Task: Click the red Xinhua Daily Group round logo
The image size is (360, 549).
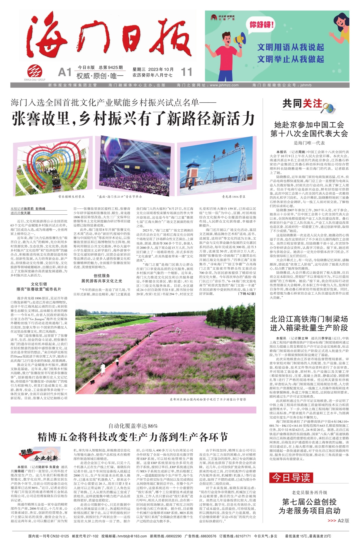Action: coord(35,71)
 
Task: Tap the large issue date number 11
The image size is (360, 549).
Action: coord(186,72)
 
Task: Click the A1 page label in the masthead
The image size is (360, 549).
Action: coord(65,73)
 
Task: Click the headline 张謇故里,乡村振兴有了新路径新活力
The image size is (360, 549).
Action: coord(133,118)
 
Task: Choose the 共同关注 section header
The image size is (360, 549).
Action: coord(302,104)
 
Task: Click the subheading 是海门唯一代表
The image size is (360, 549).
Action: coord(309,143)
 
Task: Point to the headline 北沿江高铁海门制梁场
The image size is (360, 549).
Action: coord(309,319)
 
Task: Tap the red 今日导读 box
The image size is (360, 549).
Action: coord(291,477)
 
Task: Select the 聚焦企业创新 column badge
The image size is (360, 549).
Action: coord(40,456)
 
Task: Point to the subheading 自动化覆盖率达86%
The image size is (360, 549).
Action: coord(133,426)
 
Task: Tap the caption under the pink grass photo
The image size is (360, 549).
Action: coord(208,399)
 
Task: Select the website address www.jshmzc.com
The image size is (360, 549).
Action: coord(224,85)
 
